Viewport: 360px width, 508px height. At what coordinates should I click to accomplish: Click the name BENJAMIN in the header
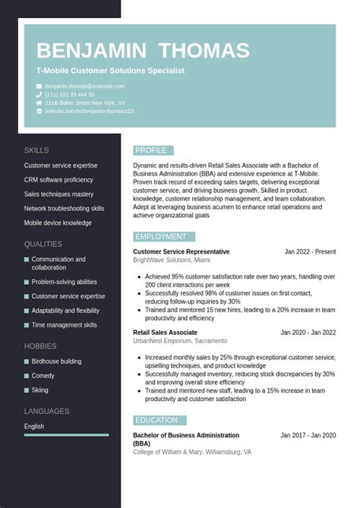pos(91,51)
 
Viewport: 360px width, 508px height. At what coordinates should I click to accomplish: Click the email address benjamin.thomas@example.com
pos(84,87)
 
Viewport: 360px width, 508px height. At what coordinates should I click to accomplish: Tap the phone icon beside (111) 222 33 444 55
pos(39,95)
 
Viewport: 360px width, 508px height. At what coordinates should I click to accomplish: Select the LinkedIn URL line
pos(89,111)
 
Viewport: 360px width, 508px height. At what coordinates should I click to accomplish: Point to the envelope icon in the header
pos(39,87)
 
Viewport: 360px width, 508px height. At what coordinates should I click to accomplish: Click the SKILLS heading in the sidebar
pos(36,150)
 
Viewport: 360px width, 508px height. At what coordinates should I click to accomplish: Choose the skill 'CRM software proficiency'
pos(58,180)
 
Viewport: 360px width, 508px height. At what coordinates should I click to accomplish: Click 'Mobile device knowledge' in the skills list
pos(58,223)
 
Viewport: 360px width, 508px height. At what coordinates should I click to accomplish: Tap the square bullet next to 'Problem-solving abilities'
pos(27,282)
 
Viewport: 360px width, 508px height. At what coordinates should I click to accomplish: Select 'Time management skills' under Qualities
pos(64,325)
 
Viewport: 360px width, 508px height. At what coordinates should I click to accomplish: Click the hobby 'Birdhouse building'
pos(56,361)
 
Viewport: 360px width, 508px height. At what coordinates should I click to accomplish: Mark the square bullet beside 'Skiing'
pos(27,390)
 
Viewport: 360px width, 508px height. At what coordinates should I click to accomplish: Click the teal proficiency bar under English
pos(66,435)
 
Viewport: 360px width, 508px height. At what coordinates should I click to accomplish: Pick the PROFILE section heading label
pos(151,150)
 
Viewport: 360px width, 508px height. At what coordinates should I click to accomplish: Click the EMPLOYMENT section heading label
pos(161,237)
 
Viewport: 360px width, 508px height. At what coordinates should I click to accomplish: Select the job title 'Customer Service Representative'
pos(181,252)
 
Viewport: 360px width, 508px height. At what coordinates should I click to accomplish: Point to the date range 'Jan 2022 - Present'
pos(310,252)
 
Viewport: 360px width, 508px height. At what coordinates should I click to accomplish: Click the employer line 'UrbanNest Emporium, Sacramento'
pos(180,341)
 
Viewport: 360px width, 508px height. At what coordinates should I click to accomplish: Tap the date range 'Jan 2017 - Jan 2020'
pos(308,436)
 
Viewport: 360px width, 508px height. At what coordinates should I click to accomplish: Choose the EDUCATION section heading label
pos(157,421)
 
